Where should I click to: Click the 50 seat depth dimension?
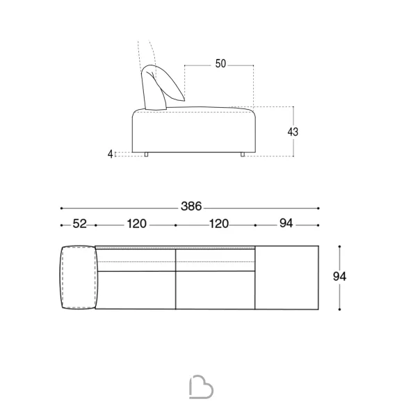[220, 64]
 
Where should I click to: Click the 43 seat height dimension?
[293, 132]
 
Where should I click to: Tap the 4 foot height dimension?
[111, 154]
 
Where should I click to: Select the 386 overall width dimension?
[191, 206]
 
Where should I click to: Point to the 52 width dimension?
[79, 224]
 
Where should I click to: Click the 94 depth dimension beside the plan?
[339, 277]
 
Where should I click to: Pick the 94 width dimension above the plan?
[286, 223]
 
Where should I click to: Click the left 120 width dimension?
[137, 224]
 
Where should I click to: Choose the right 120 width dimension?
[219, 224]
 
